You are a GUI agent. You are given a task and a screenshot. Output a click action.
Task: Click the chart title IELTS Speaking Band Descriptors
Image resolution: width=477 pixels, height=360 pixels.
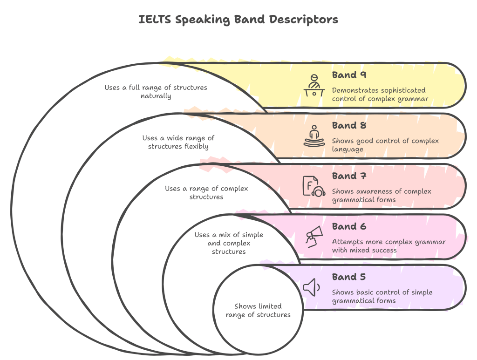point(238,20)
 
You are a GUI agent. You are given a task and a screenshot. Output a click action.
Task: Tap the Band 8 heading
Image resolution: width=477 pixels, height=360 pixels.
point(349,125)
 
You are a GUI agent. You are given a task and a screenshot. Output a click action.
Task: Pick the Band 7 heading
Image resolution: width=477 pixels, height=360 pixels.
point(349,176)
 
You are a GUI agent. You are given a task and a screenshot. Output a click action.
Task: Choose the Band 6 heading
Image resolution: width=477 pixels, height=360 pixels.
point(349,227)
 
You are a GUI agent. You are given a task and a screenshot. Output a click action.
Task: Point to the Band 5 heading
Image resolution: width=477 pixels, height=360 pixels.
point(349,277)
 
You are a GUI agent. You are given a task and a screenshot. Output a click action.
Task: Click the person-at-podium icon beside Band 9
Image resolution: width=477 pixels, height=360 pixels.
point(314,85)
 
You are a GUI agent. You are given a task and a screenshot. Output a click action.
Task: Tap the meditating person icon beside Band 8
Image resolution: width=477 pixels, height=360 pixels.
point(314,136)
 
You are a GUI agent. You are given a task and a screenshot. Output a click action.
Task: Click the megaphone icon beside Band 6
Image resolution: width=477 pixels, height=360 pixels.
point(313,237)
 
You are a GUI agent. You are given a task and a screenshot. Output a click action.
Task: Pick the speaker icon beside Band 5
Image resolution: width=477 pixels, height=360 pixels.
point(312,287)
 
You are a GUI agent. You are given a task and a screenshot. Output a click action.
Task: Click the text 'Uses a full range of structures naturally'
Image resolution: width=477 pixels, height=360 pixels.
point(156,92)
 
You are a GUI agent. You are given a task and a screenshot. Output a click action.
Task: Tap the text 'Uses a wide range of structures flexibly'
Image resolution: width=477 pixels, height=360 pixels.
point(178,142)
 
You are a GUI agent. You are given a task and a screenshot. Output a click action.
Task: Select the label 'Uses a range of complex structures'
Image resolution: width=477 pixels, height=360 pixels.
point(206,192)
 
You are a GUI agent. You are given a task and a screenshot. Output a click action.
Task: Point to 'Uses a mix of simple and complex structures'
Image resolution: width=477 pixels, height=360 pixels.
point(229,243)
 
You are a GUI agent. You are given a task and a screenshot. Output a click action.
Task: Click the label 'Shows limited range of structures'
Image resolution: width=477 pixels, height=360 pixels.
point(258,310)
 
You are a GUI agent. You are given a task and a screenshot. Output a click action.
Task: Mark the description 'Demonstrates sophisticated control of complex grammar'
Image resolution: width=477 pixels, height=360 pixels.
point(380,95)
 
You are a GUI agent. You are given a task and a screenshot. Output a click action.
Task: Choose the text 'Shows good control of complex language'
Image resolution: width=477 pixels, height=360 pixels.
point(385,145)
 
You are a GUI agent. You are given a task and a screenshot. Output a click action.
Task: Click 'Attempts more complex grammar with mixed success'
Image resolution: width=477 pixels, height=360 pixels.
point(388,246)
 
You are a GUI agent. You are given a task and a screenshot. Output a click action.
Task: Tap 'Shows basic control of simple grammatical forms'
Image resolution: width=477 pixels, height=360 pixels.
point(382,296)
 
